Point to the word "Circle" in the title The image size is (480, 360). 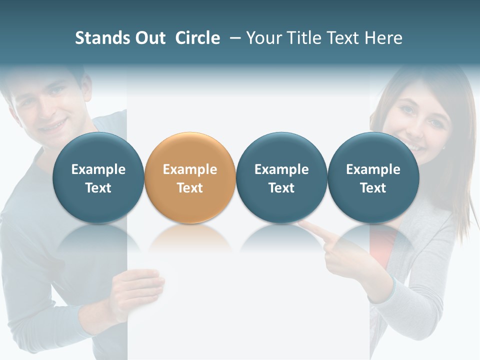tap(197, 38)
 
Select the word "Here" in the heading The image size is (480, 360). tap(384, 38)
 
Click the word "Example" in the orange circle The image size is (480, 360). tap(190, 169)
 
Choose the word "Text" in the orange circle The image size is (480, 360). tap(190, 188)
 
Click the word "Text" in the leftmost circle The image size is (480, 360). tap(98, 188)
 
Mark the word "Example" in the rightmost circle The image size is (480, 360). tap(373, 169)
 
